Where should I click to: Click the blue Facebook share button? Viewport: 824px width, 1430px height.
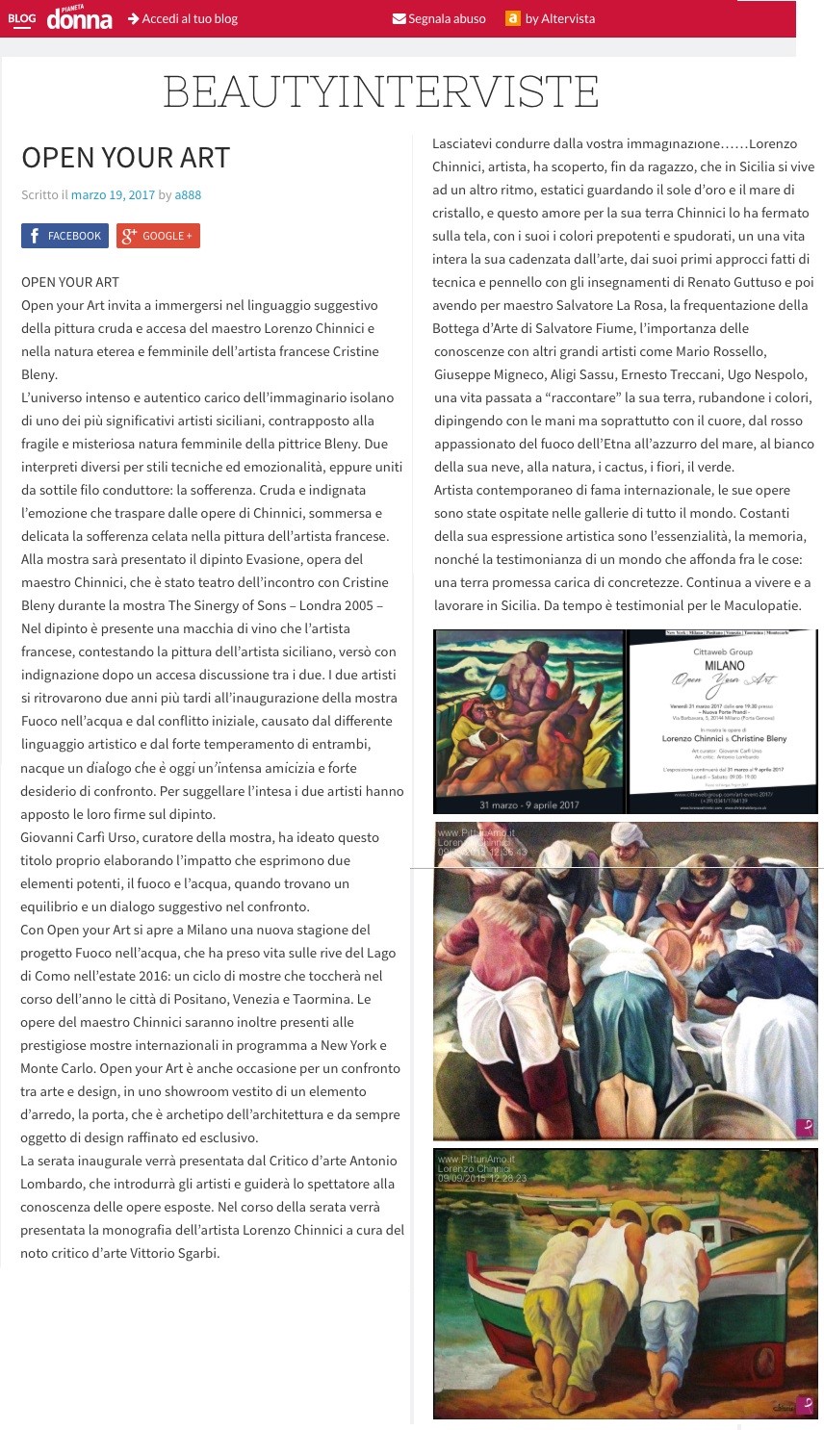(x=64, y=236)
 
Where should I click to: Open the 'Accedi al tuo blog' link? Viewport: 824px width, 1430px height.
(x=183, y=18)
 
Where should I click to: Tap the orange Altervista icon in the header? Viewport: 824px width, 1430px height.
(x=513, y=18)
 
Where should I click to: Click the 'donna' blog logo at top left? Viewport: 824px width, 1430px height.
(x=79, y=18)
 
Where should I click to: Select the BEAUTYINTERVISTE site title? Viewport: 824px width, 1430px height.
(x=381, y=92)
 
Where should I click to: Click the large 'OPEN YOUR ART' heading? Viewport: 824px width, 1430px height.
(x=125, y=158)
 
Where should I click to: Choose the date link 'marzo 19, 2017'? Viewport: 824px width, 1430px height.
(x=113, y=194)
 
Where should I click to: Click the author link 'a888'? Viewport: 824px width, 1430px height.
(x=188, y=194)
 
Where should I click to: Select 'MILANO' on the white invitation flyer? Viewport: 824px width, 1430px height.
(x=724, y=665)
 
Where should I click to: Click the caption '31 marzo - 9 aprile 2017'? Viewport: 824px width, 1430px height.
(x=528, y=804)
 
